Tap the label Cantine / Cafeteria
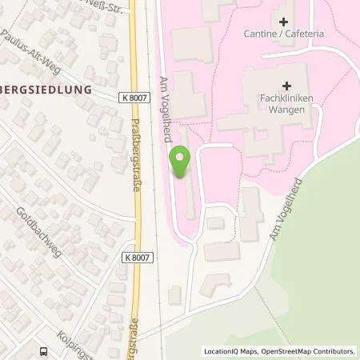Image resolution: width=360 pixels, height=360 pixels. (289, 35)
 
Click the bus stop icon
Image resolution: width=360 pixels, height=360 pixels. (42, 350)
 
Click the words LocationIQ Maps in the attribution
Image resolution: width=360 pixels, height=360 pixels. (229, 350)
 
